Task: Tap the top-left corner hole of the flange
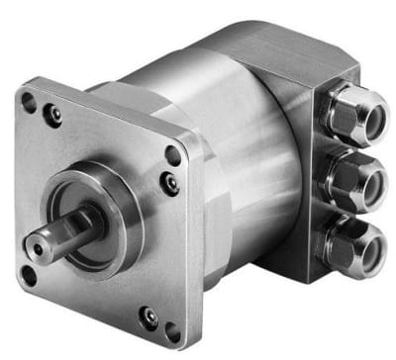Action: coord(29,100)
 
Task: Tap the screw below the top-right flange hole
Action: coord(171,182)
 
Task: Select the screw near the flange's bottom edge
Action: coord(148,316)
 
